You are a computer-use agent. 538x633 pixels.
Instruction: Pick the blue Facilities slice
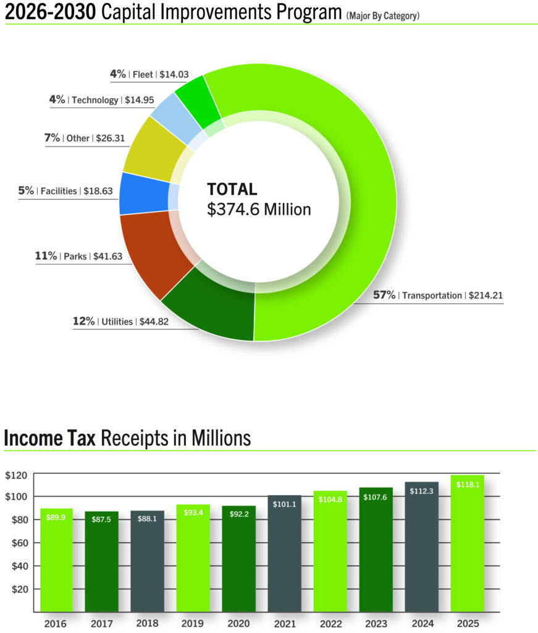pos(138,193)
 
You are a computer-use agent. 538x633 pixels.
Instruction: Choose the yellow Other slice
pos(151,148)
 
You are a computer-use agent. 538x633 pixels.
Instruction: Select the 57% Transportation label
pos(437,295)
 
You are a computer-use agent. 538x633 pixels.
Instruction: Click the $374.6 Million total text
pos(259,210)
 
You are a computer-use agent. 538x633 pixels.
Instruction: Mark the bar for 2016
pos(57,559)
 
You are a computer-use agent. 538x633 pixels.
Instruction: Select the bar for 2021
pos(285,553)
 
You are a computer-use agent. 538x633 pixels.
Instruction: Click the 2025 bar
pos(467,544)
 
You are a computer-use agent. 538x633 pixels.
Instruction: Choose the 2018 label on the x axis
pos(148,623)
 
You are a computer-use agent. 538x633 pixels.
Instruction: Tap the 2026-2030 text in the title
pos(50,12)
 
